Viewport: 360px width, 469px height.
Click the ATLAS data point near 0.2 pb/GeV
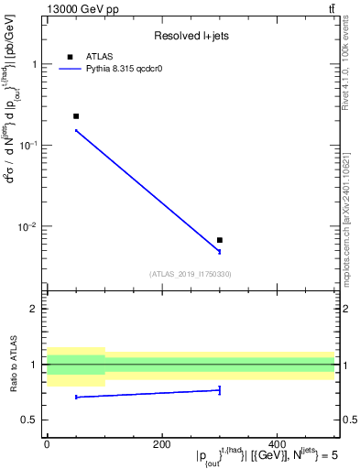click(76, 116)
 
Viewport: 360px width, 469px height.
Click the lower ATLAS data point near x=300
click(220, 240)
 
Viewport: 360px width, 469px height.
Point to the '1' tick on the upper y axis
click(34, 64)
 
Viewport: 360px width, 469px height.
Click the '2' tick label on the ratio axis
click(34, 309)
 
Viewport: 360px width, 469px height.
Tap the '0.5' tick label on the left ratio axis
click(29, 420)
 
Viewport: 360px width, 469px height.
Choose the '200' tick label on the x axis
click(161, 444)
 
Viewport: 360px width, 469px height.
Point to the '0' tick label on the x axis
click(46, 444)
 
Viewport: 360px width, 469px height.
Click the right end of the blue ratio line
click(220, 390)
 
